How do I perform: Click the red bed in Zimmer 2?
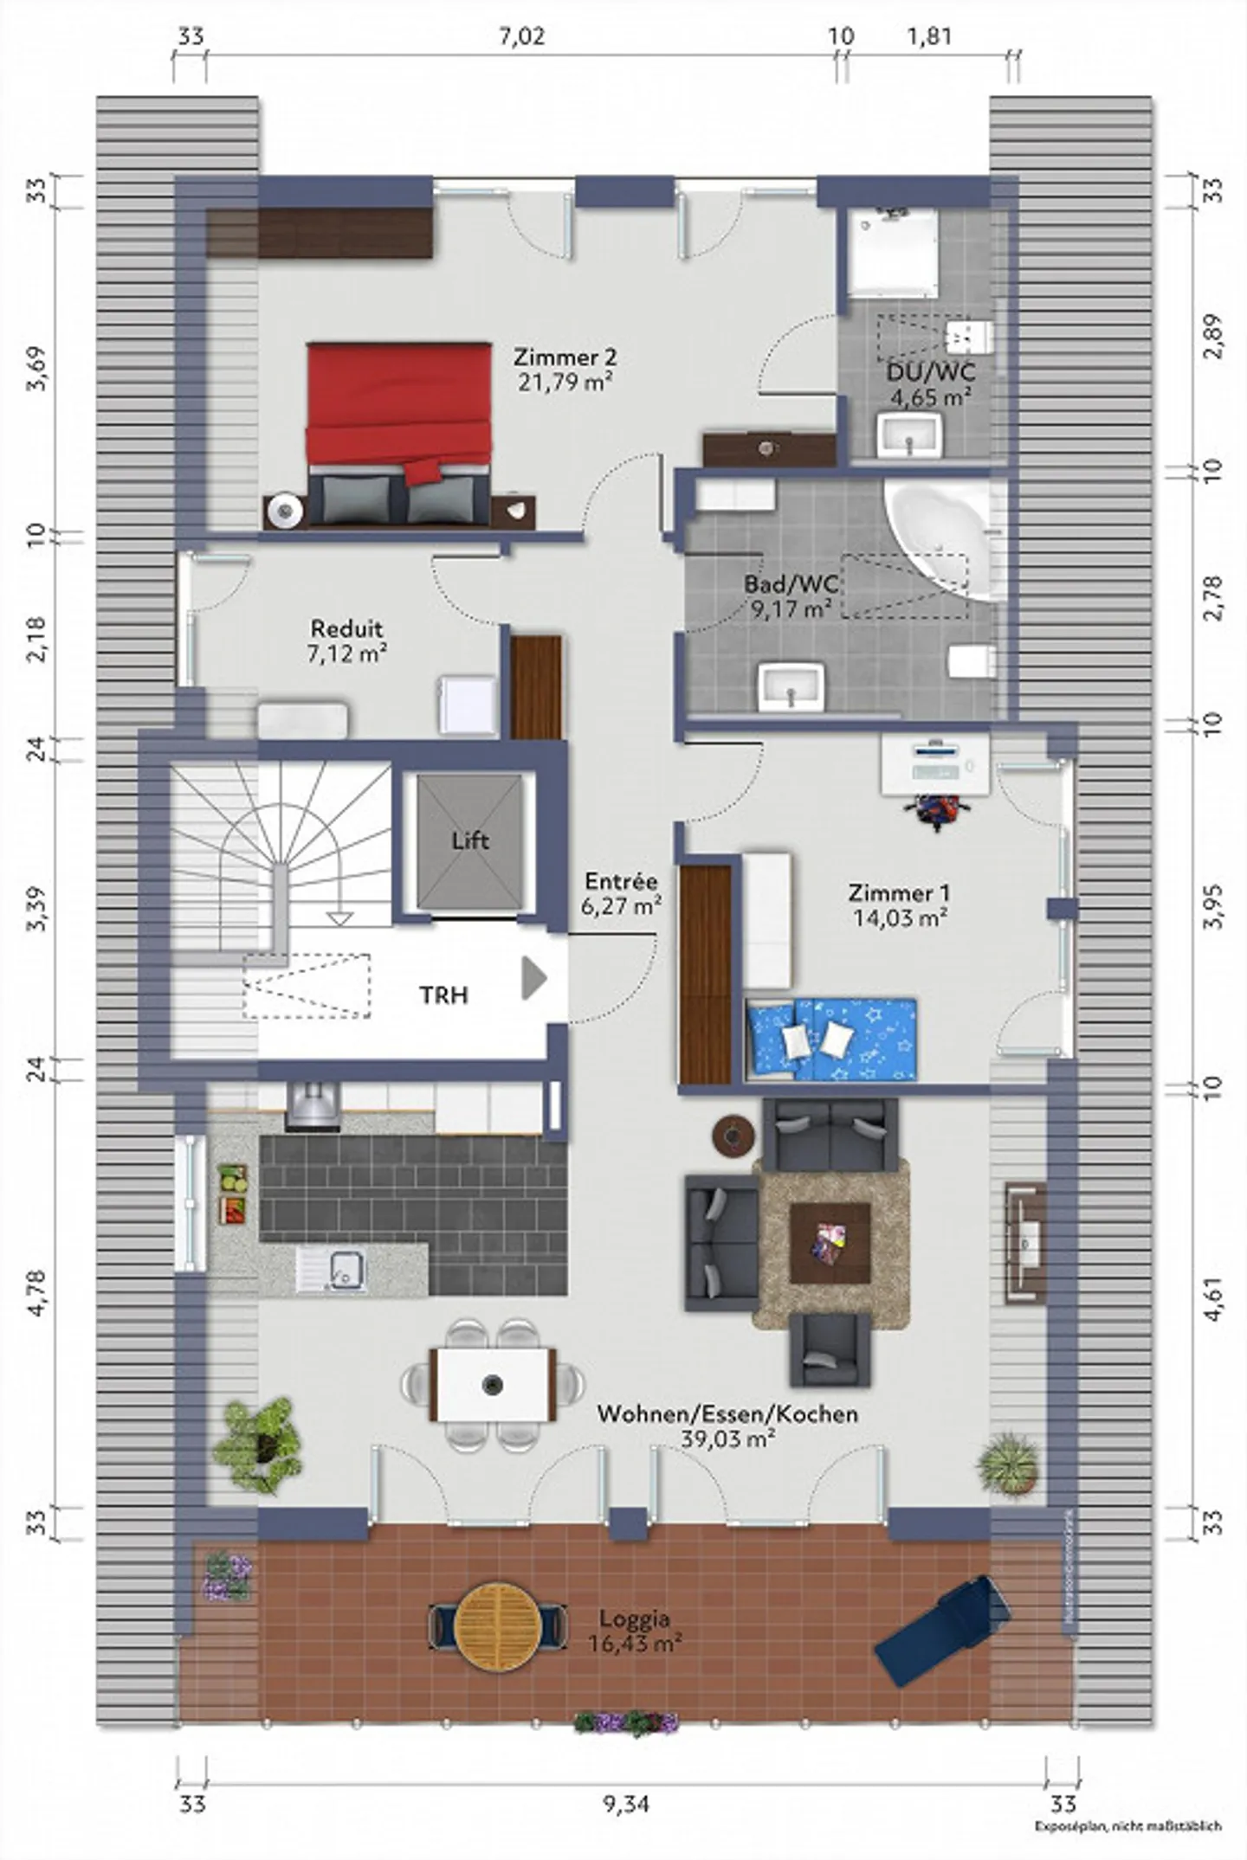tap(398, 415)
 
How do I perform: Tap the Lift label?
tap(470, 840)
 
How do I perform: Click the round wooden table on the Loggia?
tap(498, 1627)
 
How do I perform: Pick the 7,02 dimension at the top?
tap(522, 36)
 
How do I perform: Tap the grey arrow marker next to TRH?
tap(533, 979)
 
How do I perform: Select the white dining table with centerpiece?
tap(494, 1385)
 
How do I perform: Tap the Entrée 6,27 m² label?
tap(621, 894)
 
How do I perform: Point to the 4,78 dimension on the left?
tap(36, 1293)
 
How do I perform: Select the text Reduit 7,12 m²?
tap(346, 640)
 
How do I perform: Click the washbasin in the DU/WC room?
tap(909, 434)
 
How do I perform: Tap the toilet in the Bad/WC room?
tap(970, 662)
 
